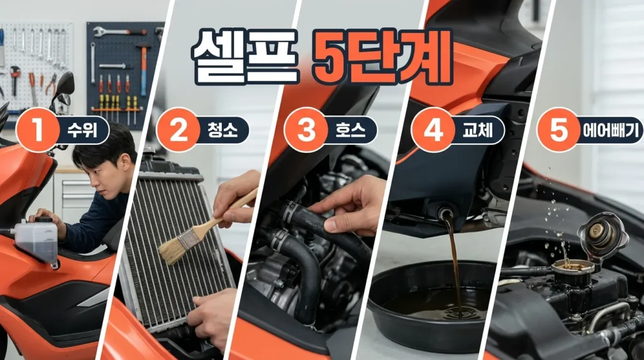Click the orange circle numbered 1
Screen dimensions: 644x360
click(x=38, y=130)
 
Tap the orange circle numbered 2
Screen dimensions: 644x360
click(x=178, y=130)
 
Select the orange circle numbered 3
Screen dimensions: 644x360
click(x=306, y=130)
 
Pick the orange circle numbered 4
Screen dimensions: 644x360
click(x=433, y=130)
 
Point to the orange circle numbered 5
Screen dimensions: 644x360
click(x=558, y=130)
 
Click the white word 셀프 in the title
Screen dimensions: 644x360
click(x=245, y=56)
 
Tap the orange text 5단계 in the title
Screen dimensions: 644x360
click(x=382, y=56)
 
